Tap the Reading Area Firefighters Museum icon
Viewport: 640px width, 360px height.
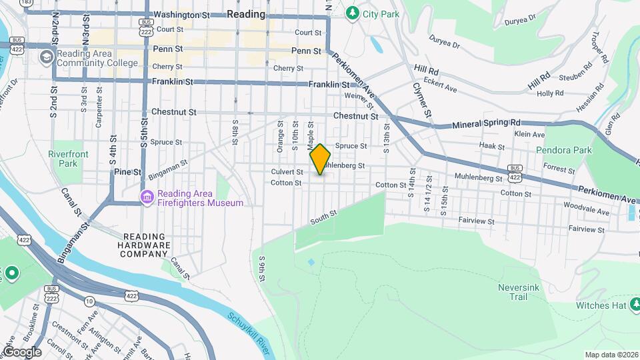(x=147, y=197)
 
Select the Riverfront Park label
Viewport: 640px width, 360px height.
(x=68, y=159)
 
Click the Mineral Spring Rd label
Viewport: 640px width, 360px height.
(x=485, y=124)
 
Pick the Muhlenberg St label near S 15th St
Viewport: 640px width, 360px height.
(x=478, y=178)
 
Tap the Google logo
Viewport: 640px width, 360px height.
(x=22, y=351)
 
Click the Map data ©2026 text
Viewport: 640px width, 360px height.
(x=611, y=355)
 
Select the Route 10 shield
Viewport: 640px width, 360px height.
(x=89, y=301)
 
